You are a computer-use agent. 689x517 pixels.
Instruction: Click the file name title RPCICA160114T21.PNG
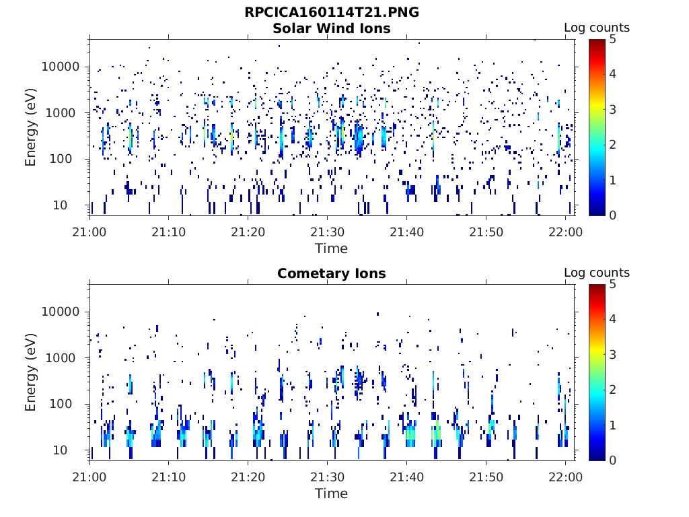(332, 12)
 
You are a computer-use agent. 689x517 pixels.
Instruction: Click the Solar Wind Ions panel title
(331, 28)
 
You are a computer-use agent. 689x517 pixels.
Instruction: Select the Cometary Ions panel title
(331, 273)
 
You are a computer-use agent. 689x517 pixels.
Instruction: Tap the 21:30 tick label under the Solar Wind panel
(328, 232)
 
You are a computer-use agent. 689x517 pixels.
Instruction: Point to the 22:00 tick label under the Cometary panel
(565, 477)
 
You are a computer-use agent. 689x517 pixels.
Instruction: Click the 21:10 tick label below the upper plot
(169, 232)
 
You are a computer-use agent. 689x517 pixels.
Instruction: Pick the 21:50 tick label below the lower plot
(486, 477)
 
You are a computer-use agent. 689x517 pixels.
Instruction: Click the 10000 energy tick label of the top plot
(61, 67)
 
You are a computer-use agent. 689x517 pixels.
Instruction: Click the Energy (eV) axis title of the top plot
(30, 127)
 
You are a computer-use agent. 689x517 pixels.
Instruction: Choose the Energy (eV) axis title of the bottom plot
(30, 372)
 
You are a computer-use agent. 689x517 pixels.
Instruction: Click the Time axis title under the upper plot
(331, 248)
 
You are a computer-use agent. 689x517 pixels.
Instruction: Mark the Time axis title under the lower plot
(331, 493)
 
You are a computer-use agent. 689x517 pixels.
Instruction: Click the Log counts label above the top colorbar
(597, 28)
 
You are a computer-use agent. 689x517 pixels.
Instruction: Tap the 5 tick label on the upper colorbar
(612, 40)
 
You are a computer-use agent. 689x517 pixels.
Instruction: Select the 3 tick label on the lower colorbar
(612, 354)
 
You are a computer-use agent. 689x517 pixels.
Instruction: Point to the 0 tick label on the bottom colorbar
(612, 460)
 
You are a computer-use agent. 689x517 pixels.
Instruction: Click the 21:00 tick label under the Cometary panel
(89, 477)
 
